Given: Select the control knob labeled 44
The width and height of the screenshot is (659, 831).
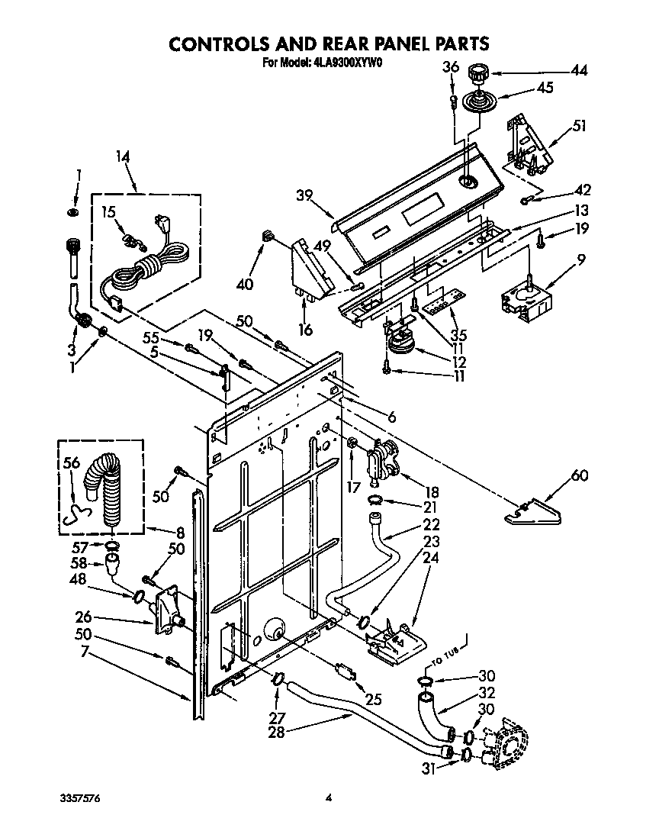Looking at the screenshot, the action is tap(479, 73).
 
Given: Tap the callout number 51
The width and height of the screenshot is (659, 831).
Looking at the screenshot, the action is tap(579, 127).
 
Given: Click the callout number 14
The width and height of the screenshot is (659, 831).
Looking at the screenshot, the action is tap(123, 156).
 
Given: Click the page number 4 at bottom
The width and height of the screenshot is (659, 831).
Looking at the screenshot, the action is tap(329, 798).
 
